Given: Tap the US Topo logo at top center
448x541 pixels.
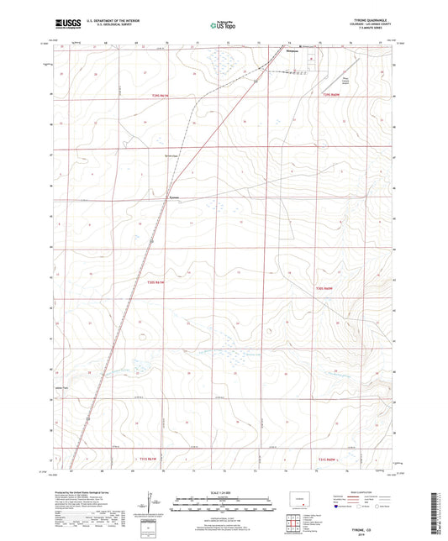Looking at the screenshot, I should pyautogui.click(x=222, y=26).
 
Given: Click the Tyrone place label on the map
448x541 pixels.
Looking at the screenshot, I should pyautogui.click(x=174, y=199).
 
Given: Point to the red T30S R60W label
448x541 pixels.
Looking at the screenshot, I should pyautogui.click(x=326, y=288).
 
